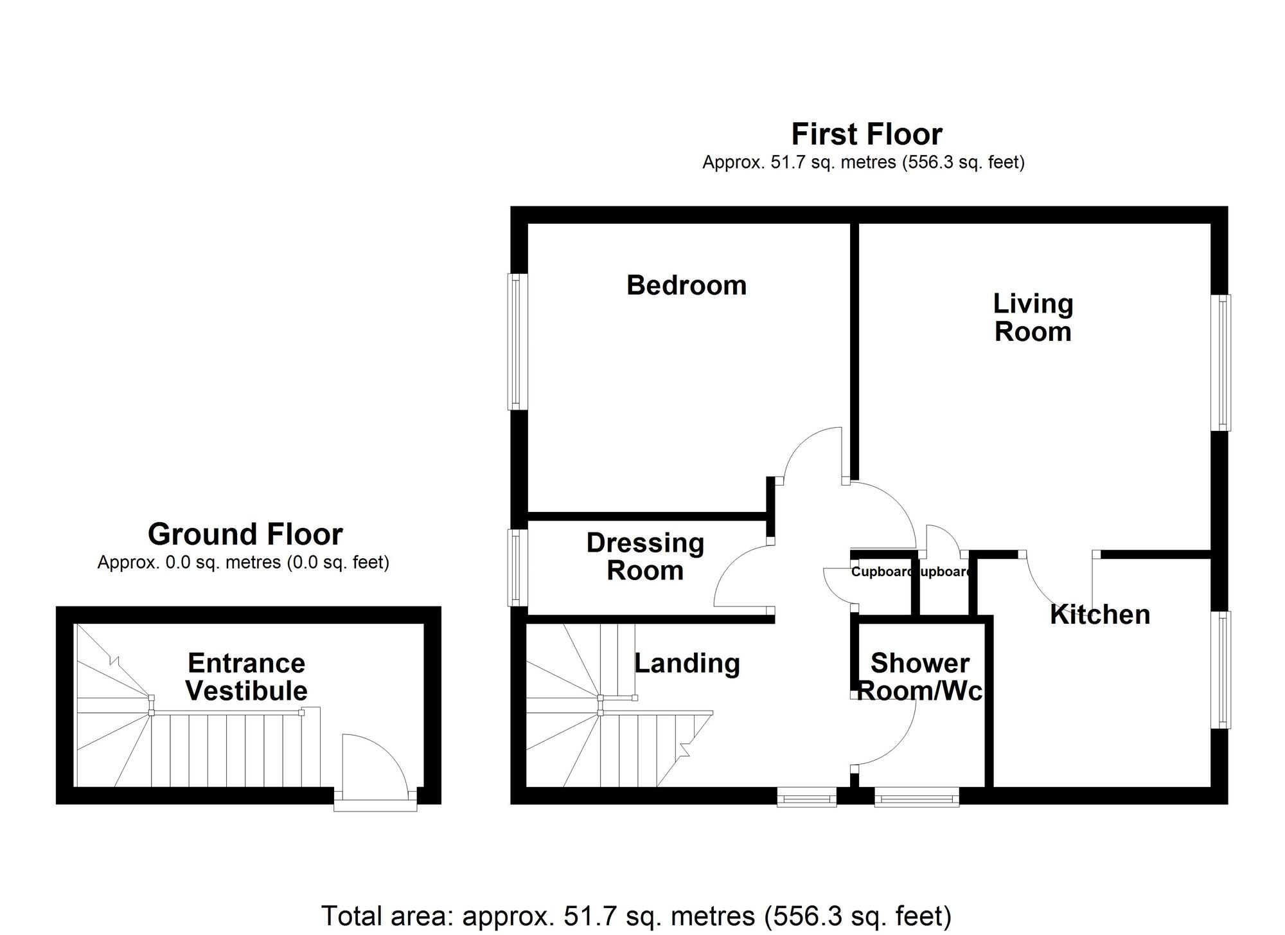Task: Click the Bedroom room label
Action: [686, 286]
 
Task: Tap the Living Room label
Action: [1032, 318]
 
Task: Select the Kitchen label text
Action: [1099, 615]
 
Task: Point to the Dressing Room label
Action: [645, 557]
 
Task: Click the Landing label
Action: [687, 663]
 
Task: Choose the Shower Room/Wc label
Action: [920, 677]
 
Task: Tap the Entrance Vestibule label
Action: [247, 677]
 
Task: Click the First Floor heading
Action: [866, 134]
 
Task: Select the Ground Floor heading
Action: [245, 534]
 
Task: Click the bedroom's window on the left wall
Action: [517, 341]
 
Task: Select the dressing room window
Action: [517, 567]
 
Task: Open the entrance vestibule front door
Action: [375, 768]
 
